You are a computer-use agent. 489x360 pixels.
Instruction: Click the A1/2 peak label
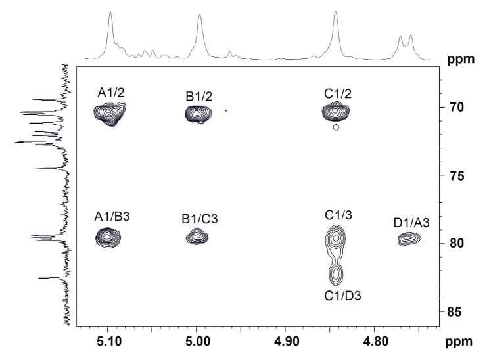pos(111,93)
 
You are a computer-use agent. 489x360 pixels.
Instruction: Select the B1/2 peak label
pos(198,97)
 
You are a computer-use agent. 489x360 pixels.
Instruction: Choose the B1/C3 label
pos(198,217)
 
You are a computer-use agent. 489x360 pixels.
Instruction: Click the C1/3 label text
pos(337,214)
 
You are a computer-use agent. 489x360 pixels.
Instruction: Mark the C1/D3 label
pos(342,296)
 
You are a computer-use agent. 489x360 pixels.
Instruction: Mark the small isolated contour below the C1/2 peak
pos(336,129)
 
